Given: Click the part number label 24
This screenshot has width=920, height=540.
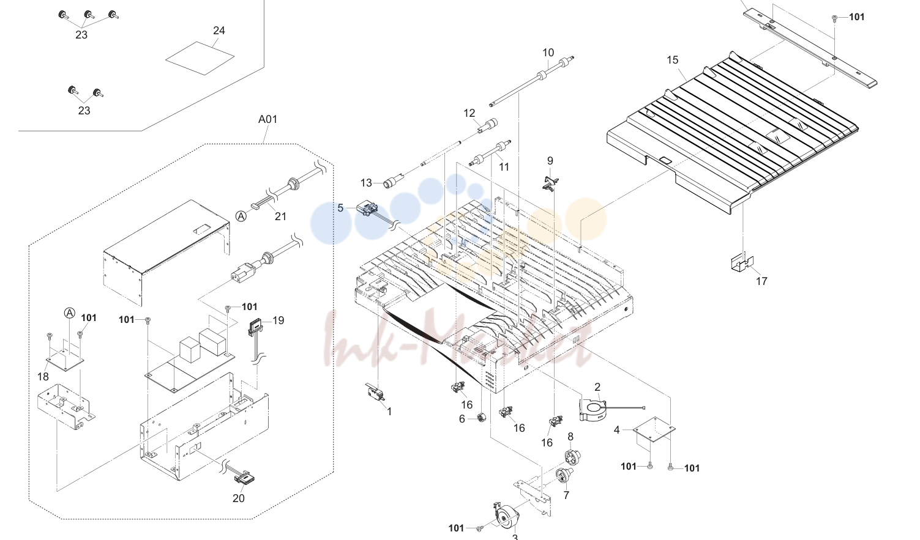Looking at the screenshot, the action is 219,31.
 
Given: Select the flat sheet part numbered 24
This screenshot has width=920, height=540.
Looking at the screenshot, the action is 200,58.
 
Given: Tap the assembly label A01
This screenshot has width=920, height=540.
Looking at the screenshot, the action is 267,119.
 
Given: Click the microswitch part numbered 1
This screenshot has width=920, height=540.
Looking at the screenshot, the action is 375,391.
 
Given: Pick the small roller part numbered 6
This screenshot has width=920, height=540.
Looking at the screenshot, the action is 481,418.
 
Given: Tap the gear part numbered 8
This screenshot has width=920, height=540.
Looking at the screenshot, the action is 572,456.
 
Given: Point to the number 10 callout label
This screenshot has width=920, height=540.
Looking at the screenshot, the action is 548,53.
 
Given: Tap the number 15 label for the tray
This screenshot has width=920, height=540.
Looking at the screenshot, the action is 672,60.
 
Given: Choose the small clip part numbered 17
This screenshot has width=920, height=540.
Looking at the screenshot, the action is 742,262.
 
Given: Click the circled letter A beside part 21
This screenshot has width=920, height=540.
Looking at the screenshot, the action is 241,216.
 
